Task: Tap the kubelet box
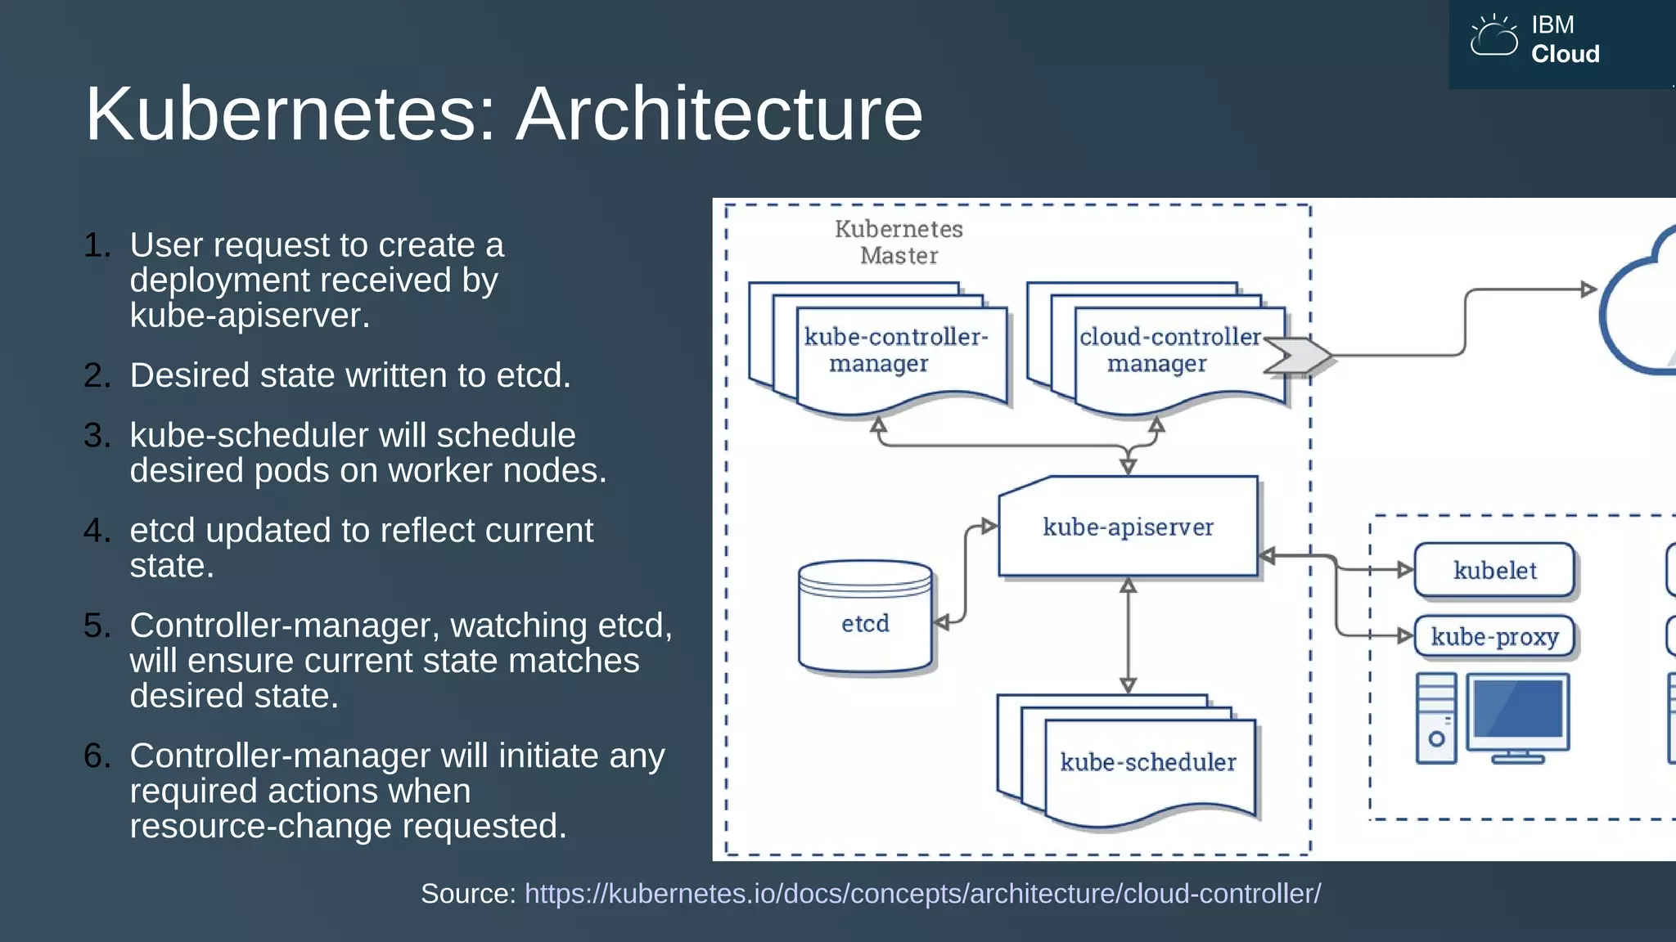pyautogui.click(x=1494, y=570)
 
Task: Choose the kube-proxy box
pyautogui.click(x=1494, y=636)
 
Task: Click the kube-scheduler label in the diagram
pyautogui.click(x=1147, y=762)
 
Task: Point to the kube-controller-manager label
pyautogui.click(x=895, y=350)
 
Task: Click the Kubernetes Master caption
pyautogui.click(x=899, y=242)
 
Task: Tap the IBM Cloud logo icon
pyautogui.click(x=1493, y=38)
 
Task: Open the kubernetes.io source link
pyautogui.click(x=922, y=894)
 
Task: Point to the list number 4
pyautogui.click(x=96, y=531)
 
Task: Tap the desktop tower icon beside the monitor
pyautogui.click(x=1436, y=718)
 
